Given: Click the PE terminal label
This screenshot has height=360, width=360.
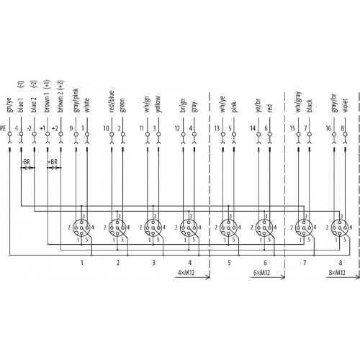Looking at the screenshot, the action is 3,128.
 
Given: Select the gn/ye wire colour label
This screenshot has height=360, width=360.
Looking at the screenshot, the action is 9,105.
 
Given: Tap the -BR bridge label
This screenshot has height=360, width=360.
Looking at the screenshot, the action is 26,162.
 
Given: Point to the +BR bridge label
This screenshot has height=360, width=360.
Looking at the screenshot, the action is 53,162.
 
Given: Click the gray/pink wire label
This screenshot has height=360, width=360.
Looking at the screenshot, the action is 75,101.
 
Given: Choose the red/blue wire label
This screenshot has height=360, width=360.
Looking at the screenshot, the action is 112,102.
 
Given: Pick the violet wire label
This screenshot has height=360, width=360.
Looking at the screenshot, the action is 345,105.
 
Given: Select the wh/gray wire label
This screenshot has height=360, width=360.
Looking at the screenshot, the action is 297,102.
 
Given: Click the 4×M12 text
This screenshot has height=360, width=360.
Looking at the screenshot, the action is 186,273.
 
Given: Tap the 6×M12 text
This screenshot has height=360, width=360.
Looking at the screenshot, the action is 261,273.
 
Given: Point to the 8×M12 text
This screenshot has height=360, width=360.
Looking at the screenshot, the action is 337,273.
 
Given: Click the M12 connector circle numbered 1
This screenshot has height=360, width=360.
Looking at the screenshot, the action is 81,228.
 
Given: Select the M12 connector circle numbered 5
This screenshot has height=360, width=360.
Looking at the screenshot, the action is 228,228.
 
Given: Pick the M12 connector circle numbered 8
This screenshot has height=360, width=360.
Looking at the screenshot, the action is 340,228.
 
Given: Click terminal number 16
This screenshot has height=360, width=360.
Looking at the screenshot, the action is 328,128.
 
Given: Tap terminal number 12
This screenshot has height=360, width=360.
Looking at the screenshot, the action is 177,128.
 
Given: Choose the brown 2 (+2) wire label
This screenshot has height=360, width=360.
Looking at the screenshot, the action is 60,96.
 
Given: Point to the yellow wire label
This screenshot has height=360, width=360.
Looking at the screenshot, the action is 158,104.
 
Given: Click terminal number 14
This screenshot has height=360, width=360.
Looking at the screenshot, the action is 253,128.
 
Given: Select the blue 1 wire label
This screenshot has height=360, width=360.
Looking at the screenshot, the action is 21,105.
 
